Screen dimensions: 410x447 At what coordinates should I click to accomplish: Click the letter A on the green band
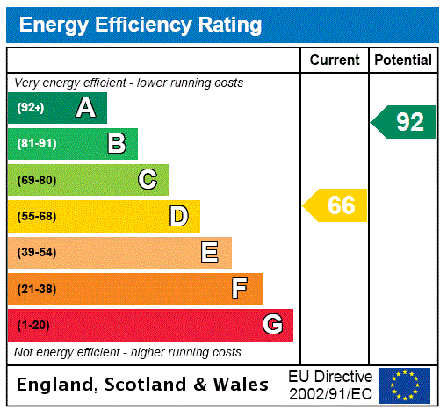coord(85,108)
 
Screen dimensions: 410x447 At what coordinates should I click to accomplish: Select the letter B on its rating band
coord(116,144)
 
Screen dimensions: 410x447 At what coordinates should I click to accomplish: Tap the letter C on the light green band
coord(148,180)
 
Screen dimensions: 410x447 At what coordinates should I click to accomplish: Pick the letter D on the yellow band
coord(178,216)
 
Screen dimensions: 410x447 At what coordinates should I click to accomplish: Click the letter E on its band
coord(210,253)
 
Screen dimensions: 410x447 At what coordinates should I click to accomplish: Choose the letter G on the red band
coord(272,325)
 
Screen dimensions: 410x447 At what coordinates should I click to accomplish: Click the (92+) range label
coord(30,108)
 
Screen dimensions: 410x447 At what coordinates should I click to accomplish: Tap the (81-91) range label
coord(36,144)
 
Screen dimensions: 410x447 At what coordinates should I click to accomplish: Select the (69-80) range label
coord(36,180)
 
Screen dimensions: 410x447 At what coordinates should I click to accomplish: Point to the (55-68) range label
coord(36,216)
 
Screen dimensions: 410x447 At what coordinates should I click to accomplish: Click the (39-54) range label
coord(36,253)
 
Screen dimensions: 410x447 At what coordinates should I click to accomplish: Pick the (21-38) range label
coord(36,289)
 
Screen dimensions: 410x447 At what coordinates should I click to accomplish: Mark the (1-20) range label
coord(33,325)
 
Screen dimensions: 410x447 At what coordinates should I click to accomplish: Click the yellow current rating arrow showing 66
coord(336,205)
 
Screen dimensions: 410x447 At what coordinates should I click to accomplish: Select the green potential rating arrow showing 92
coord(405,121)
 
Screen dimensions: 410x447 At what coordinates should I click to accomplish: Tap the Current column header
coord(335,61)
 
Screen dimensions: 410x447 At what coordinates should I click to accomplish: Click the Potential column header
coord(403,61)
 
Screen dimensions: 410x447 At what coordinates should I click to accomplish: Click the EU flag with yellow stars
coord(405,385)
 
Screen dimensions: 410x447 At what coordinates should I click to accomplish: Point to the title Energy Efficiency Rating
coord(141,25)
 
